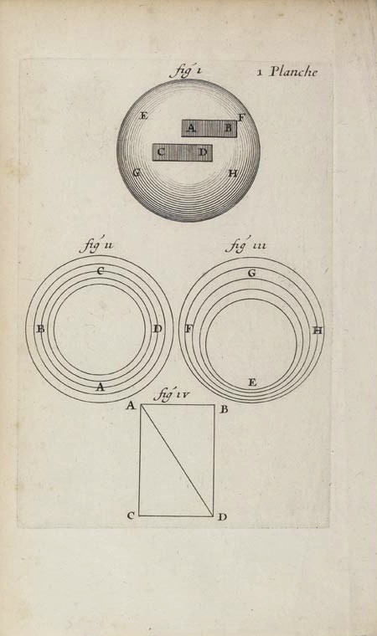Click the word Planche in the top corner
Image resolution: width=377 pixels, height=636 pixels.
point(293,72)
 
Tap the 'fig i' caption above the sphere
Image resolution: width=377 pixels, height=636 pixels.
point(185,71)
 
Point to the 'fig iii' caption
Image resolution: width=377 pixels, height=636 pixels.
point(245,245)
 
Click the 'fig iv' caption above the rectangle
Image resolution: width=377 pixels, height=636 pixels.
point(171,396)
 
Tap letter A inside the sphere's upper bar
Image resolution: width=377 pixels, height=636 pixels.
point(191,128)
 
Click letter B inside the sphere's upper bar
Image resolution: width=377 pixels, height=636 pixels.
point(229,128)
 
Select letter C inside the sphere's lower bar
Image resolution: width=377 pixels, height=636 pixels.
point(161,152)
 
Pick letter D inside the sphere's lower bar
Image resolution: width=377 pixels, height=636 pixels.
point(203,152)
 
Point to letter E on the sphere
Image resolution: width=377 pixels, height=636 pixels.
point(143,115)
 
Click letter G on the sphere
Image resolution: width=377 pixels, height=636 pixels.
point(137,172)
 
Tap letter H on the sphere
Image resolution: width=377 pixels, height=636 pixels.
point(232,173)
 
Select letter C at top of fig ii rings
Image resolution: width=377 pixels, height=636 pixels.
point(100,271)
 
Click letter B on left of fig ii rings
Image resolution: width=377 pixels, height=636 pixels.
point(40,329)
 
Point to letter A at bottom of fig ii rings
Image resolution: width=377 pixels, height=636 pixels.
point(100,387)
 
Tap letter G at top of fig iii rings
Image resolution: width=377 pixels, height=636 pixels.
point(252,274)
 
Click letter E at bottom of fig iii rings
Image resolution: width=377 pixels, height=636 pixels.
point(252,382)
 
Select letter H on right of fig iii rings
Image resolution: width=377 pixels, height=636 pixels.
point(318,331)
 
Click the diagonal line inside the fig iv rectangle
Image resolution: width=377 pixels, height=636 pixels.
point(177,460)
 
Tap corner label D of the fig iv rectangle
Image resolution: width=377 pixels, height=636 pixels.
point(222,517)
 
